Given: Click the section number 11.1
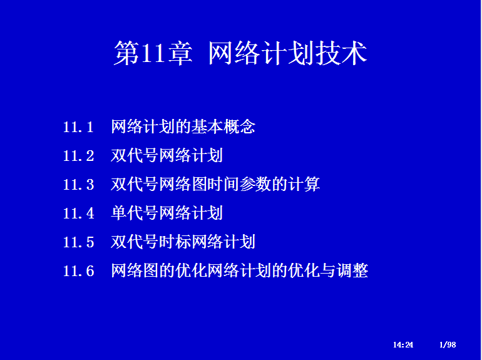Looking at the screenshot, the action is tap(78, 127).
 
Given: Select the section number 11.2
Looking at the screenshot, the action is tap(78, 155).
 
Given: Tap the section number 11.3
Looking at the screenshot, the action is tap(78, 185).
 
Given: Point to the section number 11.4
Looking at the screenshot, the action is tap(78, 213).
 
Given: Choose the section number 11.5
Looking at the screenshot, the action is tap(78, 242).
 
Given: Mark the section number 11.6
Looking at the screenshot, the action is tap(78, 271).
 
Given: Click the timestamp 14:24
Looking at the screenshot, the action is tap(403, 344).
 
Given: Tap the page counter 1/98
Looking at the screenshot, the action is tap(448, 344).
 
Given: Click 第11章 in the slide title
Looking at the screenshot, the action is tap(153, 53).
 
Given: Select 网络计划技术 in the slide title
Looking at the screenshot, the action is tap(288, 53).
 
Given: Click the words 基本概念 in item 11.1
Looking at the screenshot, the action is tap(223, 126).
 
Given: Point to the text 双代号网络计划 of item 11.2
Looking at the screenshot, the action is tap(167, 155).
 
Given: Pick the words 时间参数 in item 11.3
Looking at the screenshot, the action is tap(239, 184).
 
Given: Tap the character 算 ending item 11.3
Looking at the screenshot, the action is tap(312, 184).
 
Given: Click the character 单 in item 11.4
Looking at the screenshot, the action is tap(119, 213).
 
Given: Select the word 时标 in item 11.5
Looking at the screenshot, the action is tap(175, 242).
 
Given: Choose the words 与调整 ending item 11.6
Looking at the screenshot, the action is tap(344, 270).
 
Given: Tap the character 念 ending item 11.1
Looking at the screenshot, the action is tap(247, 126).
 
